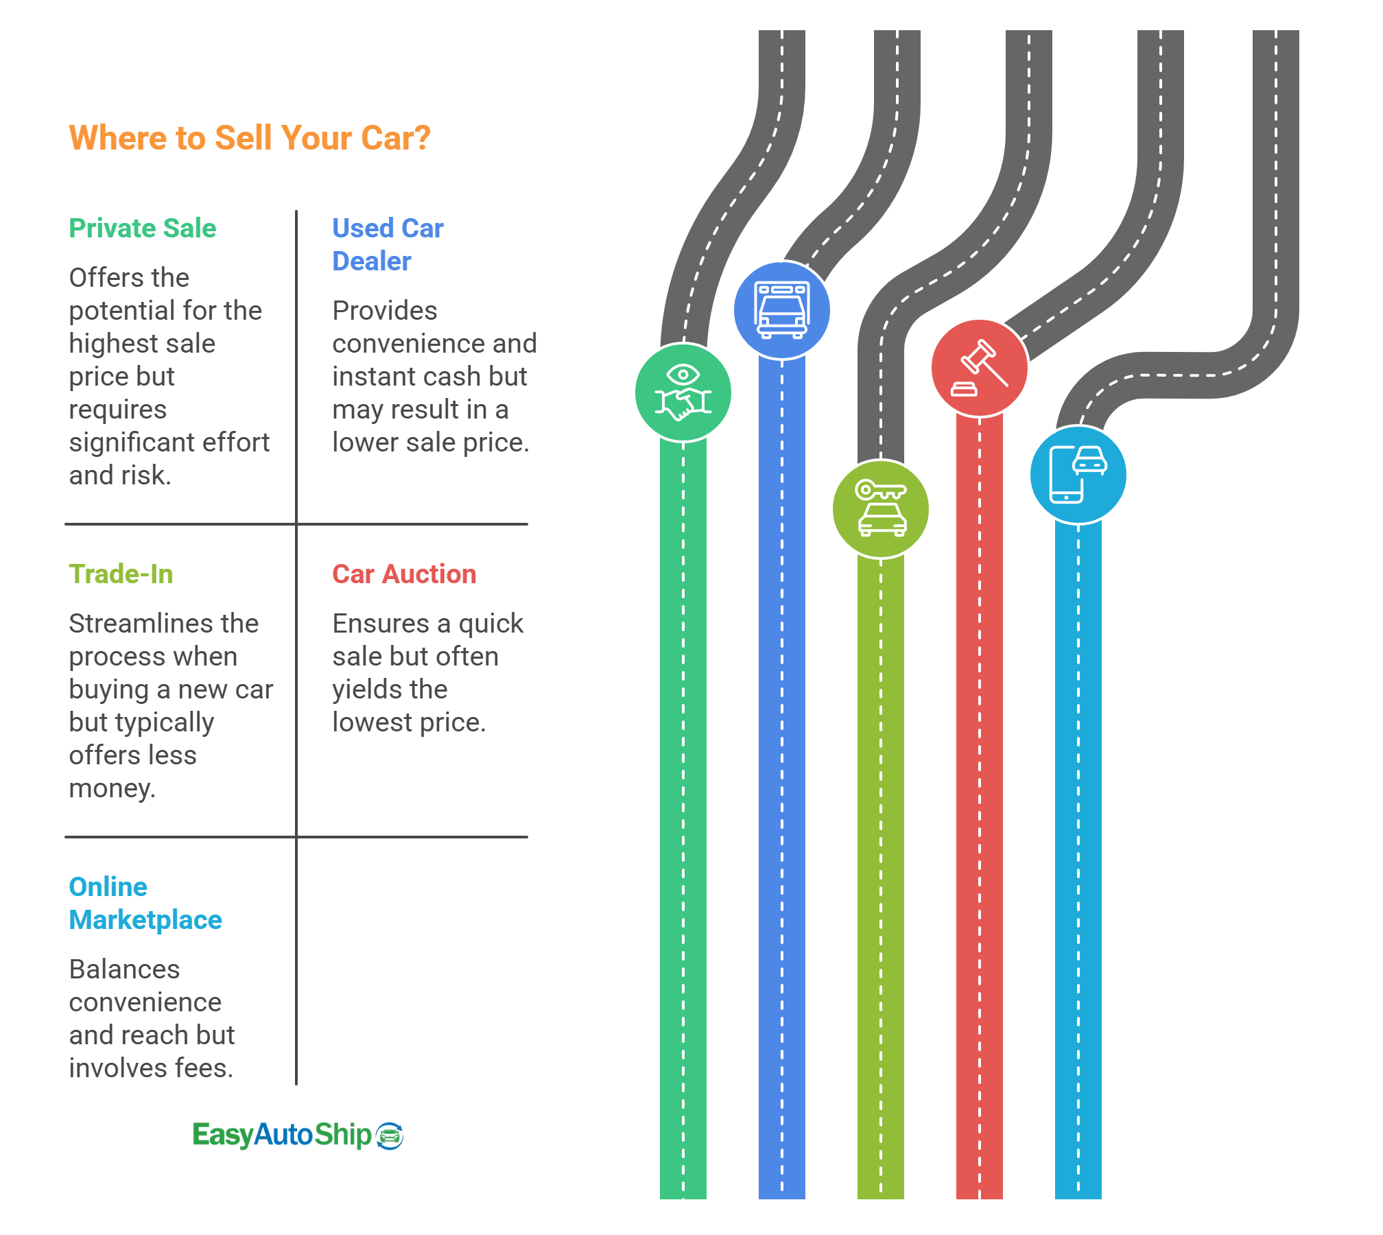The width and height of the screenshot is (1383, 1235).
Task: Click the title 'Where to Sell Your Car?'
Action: [x=250, y=138]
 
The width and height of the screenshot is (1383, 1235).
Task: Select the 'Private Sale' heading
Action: [x=143, y=228]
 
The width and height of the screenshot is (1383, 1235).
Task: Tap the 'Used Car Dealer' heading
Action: [x=388, y=244]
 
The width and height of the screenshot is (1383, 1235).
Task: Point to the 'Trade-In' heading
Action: [x=121, y=574]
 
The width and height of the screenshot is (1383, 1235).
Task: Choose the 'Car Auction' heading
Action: [x=404, y=574]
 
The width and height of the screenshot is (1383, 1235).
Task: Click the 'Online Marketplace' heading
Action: [x=145, y=903]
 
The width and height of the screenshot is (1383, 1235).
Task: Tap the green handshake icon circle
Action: [x=683, y=393]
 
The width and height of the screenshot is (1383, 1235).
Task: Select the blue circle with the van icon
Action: [x=781, y=310]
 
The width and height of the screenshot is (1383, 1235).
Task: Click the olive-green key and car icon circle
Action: [x=881, y=509]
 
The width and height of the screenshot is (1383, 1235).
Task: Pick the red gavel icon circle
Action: [x=980, y=368]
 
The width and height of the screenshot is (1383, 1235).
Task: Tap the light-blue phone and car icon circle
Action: [x=1078, y=475]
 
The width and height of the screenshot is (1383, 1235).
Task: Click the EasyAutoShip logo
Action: [x=298, y=1136]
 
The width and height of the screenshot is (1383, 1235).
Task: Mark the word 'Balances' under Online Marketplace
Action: [x=124, y=969]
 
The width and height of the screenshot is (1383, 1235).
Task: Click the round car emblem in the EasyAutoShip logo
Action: [x=390, y=1136]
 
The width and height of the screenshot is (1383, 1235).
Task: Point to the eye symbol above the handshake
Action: [x=683, y=374]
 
